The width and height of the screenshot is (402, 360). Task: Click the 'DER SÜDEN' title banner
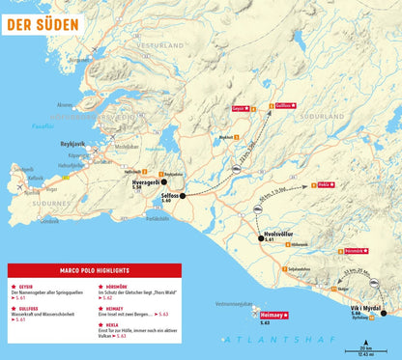pos(42,19)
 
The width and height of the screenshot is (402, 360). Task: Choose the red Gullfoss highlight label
pos(284,105)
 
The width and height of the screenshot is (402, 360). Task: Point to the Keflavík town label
pos(35,178)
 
